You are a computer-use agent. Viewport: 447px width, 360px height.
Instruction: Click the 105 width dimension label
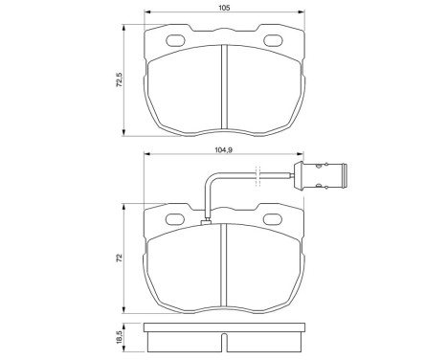pos(223,8)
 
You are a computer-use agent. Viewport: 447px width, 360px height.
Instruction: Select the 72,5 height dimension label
pos(119,78)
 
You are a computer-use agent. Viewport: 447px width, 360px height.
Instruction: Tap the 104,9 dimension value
pos(223,149)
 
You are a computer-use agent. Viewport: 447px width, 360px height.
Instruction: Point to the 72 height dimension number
pos(119,259)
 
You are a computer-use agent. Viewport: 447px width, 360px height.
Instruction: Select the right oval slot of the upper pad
pos(273,41)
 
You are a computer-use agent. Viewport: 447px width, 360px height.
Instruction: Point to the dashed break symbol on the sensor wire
pos(256,175)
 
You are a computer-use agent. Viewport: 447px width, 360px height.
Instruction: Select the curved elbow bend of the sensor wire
pos(210,179)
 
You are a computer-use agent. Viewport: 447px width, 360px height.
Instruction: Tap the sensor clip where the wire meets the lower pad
pos(208,223)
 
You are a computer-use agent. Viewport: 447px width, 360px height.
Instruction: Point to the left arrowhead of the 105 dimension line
pos(146,15)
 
